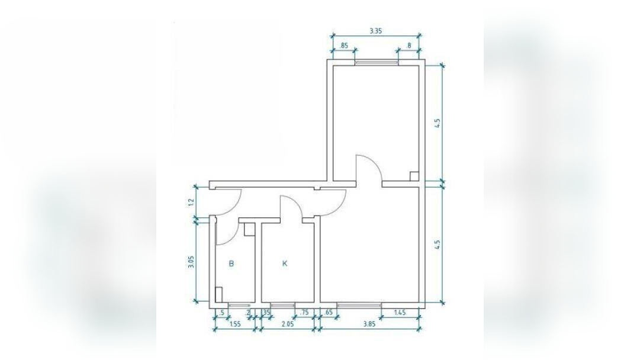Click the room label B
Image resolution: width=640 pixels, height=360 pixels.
(x=231, y=263)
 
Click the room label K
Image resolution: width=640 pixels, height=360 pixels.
(x=285, y=263)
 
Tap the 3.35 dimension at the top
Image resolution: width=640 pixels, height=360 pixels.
(x=375, y=31)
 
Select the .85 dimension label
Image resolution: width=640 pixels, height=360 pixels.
(x=344, y=46)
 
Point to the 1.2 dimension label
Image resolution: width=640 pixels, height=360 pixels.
(x=191, y=202)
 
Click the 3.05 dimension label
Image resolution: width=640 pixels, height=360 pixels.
(x=191, y=261)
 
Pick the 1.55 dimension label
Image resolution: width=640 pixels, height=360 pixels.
(x=234, y=324)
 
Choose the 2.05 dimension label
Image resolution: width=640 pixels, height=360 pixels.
(x=288, y=324)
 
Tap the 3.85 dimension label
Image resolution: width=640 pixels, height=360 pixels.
(x=369, y=324)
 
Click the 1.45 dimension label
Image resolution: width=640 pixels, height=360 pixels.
(x=400, y=313)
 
